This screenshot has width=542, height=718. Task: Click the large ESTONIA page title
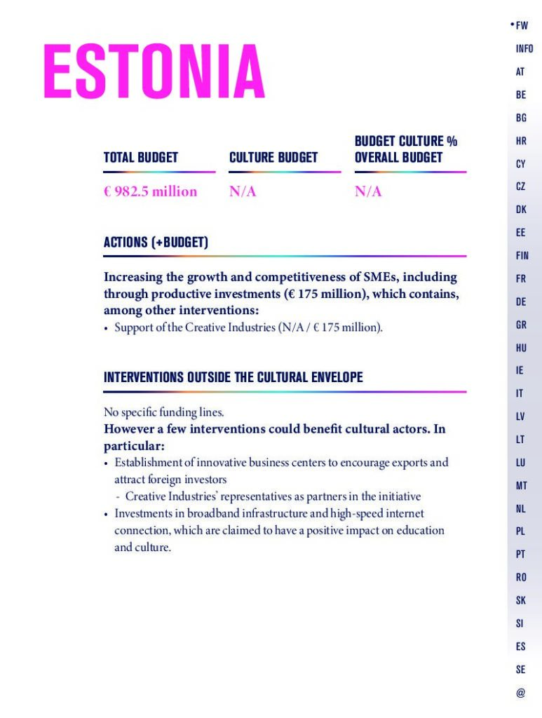(x=154, y=72)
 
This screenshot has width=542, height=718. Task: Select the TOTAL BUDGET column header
(x=141, y=158)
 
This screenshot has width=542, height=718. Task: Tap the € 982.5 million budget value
(x=150, y=191)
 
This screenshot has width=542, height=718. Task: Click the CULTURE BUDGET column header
(x=273, y=158)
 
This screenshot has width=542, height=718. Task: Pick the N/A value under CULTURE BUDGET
(x=243, y=191)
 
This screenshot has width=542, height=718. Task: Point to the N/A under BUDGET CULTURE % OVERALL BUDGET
(x=368, y=191)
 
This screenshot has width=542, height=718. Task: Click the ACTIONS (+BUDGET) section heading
(x=156, y=243)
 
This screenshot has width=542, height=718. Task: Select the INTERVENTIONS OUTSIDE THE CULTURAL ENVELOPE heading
(x=233, y=377)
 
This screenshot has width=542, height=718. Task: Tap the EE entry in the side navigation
(x=520, y=233)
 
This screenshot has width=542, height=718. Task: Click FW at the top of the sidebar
(x=522, y=26)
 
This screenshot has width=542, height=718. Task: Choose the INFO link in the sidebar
(x=524, y=49)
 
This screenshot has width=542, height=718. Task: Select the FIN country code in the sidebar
(x=522, y=256)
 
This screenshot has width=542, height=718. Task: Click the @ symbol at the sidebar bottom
(x=520, y=693)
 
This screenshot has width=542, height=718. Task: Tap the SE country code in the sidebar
(x=520, y=670)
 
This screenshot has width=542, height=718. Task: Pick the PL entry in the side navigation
(x=520, y=531)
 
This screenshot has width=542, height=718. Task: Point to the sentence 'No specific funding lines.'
(x=163, y=412)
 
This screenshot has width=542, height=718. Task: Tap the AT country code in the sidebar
(x=520, y=72)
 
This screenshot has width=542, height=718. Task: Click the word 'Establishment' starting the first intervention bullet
(x=147, y=463)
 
